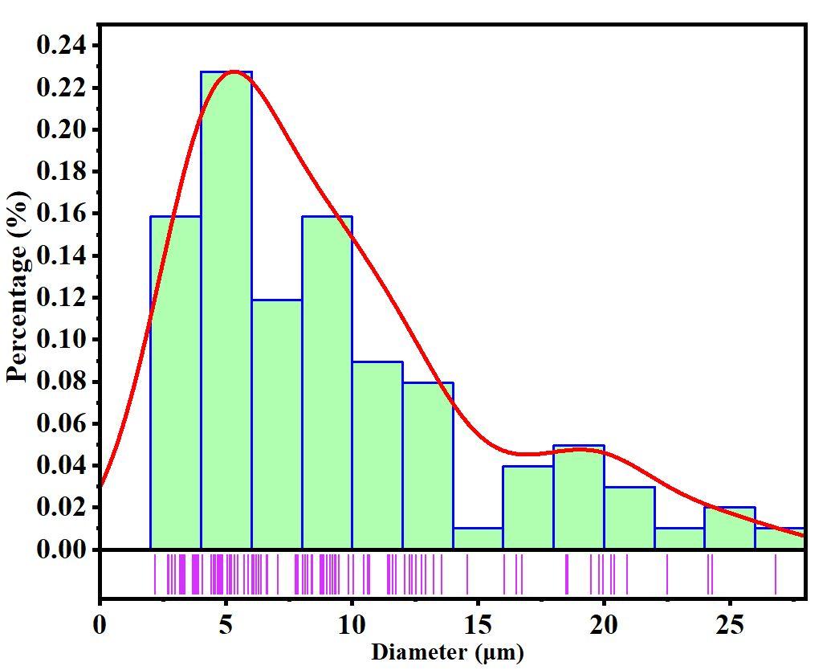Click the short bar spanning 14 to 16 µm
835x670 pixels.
[479, 539]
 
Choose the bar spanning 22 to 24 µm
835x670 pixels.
[679, 539]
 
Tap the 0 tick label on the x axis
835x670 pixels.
[100, 624]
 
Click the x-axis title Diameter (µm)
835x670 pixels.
[447, 652]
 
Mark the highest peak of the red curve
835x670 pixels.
[232, 71]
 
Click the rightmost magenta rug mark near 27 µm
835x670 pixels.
[776, 574]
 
